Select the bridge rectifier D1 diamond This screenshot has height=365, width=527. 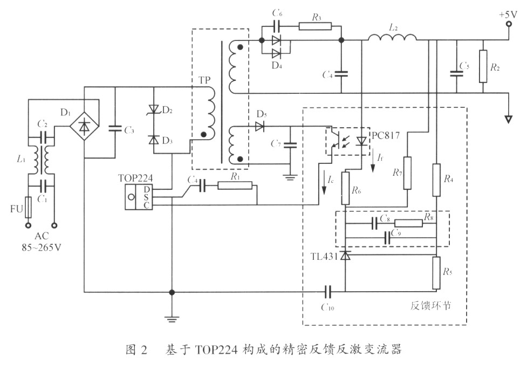pos(85,127)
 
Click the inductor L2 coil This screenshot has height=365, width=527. pos(392,38)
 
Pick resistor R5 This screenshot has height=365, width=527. pos(436,273)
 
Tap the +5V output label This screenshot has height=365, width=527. pos(507,15)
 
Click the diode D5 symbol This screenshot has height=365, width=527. pos(260,127)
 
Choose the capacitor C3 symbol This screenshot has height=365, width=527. pos(115,128)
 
